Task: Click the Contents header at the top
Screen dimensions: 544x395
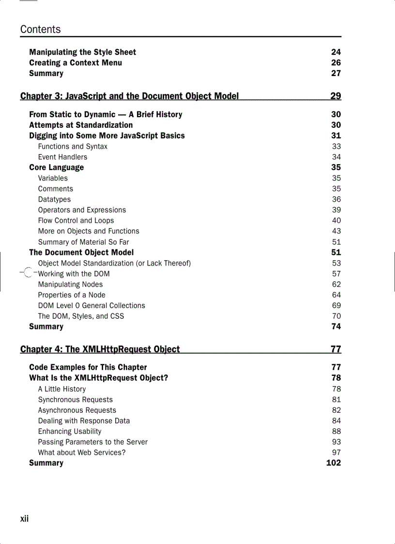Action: pyautogui.click(x=41, y=30)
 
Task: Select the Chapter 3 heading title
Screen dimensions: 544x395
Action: pyautogui.click(x=129, y=96)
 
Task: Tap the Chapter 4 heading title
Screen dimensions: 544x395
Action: pyautogui.click(x=100, y=349)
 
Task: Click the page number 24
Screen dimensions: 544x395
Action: pyautogui.click(x=336, y=52)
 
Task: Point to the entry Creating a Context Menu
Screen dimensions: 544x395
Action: pyautogui.click(x=76, y=63)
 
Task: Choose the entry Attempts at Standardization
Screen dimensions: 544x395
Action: pyautogui.click(x=81, y=125)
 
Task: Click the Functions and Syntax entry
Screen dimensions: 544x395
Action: pyautogui.click(x=73, y=146)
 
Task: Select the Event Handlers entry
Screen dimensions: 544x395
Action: pyautogui.click(x=62, y=157)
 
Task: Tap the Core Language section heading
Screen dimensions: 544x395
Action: pyautogui.click(x=56, y=168)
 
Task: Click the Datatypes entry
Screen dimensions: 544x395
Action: pyautogui.click(x=54, y=200)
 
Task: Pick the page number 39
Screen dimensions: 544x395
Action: pyautogui.click(x=336, y=210)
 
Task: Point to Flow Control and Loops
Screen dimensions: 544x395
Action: pyautogui.click(x=76, y=220)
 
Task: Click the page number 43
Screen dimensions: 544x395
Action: pyautogui.click(x=336, y=231)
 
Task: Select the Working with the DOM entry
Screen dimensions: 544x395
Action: pyautogui.click(x=74, y=274)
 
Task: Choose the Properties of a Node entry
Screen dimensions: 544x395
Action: pyautogui.click(x=72, y=295)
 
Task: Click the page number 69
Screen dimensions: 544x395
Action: pyautogui.click(x=336, y=306)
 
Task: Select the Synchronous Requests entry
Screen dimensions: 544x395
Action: pyautogui.click(x=75, y=400)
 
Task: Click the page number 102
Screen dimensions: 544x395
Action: pyautogui.click(x=334, y=463)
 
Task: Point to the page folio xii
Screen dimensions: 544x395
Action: pyautogui.click(x=25, y=519)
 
